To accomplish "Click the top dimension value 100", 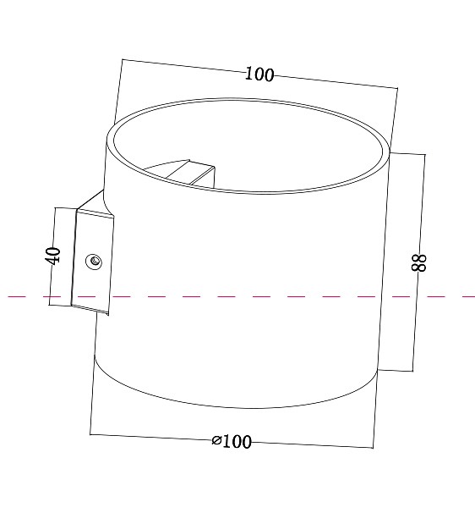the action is (259, 74).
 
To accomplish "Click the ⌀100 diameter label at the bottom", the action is (232, 441).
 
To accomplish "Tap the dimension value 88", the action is (418, 262).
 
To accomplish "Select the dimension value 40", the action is (53, 256).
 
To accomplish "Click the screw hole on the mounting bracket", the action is (94, 262).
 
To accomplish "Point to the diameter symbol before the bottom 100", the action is (216, 440).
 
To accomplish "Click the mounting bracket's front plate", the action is (92, 262).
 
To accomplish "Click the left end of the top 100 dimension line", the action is (122, 59).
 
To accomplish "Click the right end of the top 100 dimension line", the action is (398, 88).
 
